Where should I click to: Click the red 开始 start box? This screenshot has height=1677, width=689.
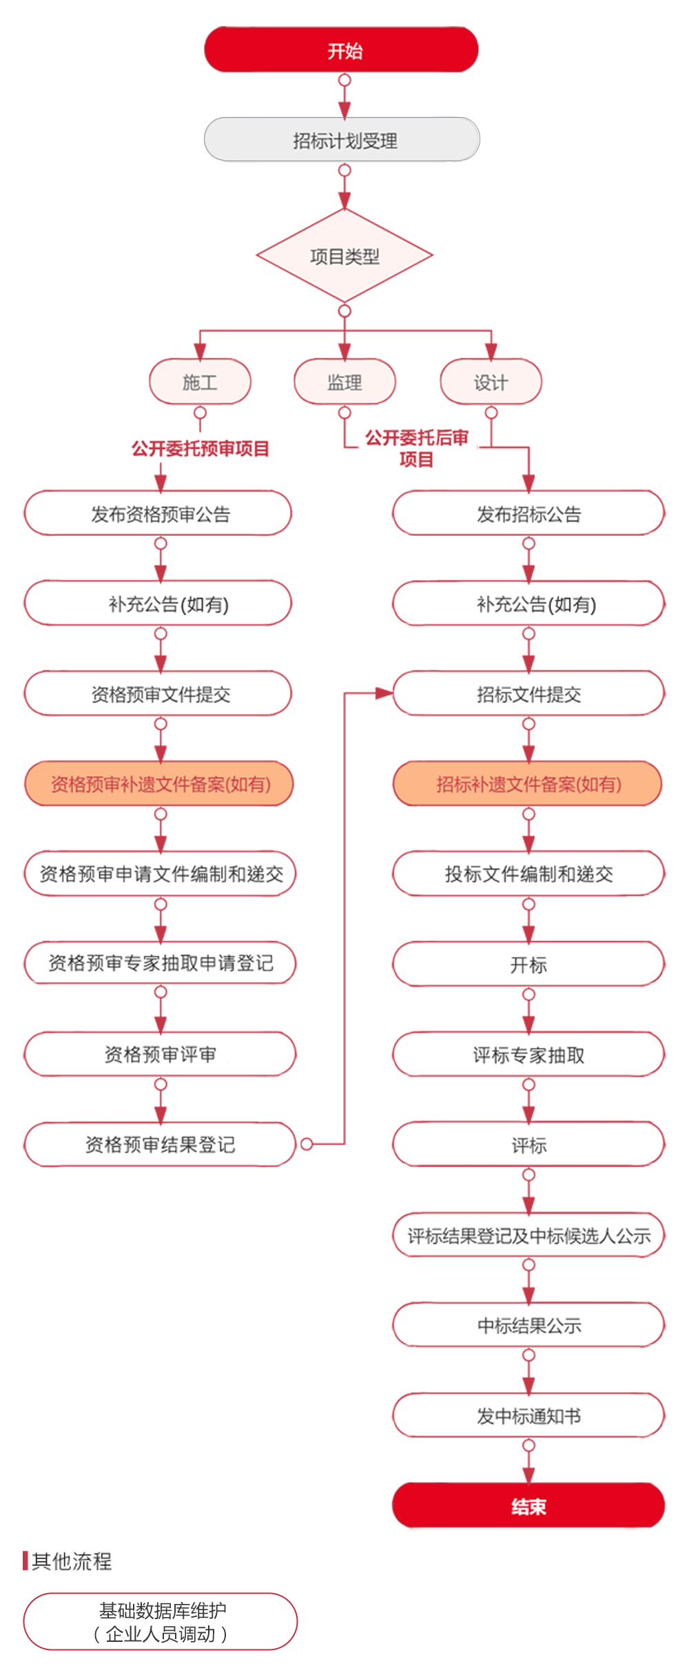coord(344,50)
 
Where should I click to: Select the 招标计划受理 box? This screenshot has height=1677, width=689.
coord(344,141)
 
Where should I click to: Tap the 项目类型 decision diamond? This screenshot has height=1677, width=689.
coord(344,256)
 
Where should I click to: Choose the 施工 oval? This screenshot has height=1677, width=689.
coord(200,382)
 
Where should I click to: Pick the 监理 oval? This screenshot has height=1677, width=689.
coord(344,382)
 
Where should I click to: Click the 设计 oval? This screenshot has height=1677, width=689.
coord(491,382)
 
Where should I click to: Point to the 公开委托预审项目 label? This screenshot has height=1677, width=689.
coord(200,449)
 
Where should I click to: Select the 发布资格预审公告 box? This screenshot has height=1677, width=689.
coord(160,514)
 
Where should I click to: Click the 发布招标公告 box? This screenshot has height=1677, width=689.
coord(528,514)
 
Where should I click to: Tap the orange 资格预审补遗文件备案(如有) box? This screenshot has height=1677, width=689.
coord(160,784)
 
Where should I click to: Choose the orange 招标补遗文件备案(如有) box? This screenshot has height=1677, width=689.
coord(528,784)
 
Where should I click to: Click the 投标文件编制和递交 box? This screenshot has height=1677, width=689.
coord(528,874)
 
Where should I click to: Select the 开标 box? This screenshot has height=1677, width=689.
coord(528,965)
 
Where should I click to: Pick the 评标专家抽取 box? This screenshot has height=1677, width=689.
coord(528,1055)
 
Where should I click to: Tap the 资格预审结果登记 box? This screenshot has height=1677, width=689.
coord(160,1144)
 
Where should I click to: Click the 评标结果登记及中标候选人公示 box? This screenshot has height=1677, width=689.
coord(528,1235)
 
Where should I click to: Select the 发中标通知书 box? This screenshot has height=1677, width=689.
coord(528,1416)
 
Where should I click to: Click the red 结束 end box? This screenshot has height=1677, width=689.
coord(528,1507)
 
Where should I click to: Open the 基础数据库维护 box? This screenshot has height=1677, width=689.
coord(161,1621)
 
